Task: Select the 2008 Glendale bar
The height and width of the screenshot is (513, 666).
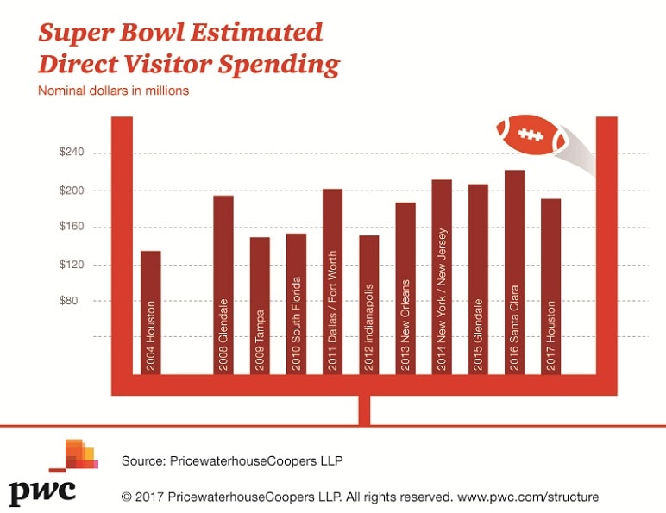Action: click(x=223, y=285)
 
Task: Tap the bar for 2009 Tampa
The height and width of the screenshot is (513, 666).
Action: click(x=260, y=305)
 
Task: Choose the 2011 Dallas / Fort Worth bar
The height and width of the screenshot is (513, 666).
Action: click(x=332, y=281)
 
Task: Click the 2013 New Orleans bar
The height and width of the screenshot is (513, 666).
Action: click(x=405, y=288)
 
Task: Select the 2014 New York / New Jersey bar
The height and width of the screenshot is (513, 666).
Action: click(x=442, y=277)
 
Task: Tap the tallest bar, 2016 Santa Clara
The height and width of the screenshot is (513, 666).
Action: click(x=514, y=272)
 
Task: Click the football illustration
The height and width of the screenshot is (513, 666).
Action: click(x=531, y=134)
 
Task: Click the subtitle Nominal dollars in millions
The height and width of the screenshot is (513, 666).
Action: click(x=112, y=90)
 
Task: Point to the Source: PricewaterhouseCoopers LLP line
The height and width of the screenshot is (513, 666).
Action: click(x=232, y=460)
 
